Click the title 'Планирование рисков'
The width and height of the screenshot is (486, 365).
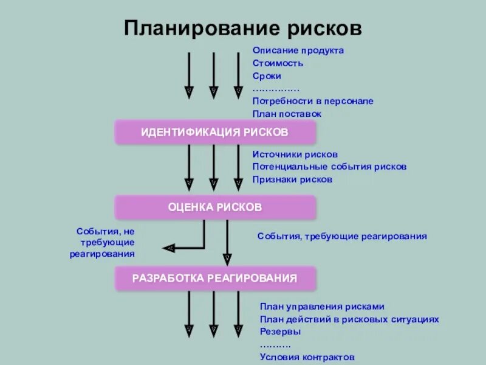pyautogui.click(x=243, y=28)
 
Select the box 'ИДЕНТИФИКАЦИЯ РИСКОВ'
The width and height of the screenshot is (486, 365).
pyautogui.click(x=215, y=132)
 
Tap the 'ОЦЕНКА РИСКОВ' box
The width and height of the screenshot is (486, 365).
pyautogui.click(x=215, y=207)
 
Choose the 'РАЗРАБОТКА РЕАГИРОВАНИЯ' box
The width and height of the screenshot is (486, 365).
pyautogui.click(x=215, y=279)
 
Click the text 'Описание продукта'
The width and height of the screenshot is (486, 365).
pyautogui.click(x=298, y=50)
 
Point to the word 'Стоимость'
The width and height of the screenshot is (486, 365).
pyautogui.click(x=278, y=63)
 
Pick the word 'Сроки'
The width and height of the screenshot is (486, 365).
pyautogui.click(x=267, y=76)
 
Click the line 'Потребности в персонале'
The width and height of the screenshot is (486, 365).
pyautogui.click(x=313, y=102)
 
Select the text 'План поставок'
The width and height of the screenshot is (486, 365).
pyautogui.click(x=287, y=114)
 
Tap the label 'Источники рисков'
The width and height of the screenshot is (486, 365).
pyautogui.click(x=295, y=155)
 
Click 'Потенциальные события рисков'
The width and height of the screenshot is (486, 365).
pyautogui.click(x=329, y=167)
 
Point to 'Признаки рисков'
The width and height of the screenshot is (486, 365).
pyautogui.click(x=293, y=179)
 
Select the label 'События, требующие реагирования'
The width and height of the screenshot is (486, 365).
pyautogui.click(x=342, y=236)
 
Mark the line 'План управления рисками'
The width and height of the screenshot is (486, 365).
pyautogui.click(x=322, y=307)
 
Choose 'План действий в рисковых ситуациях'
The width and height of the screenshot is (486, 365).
pyautogui.click(x=349, y=319)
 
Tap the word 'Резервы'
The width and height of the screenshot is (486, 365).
pyautogui.click(x=281, y=332)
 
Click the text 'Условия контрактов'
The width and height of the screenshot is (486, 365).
pyautogui.click(x=307, y=357)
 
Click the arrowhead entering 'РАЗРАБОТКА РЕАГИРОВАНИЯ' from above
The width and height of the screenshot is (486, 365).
pyautogui.click(x=227, y=260)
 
